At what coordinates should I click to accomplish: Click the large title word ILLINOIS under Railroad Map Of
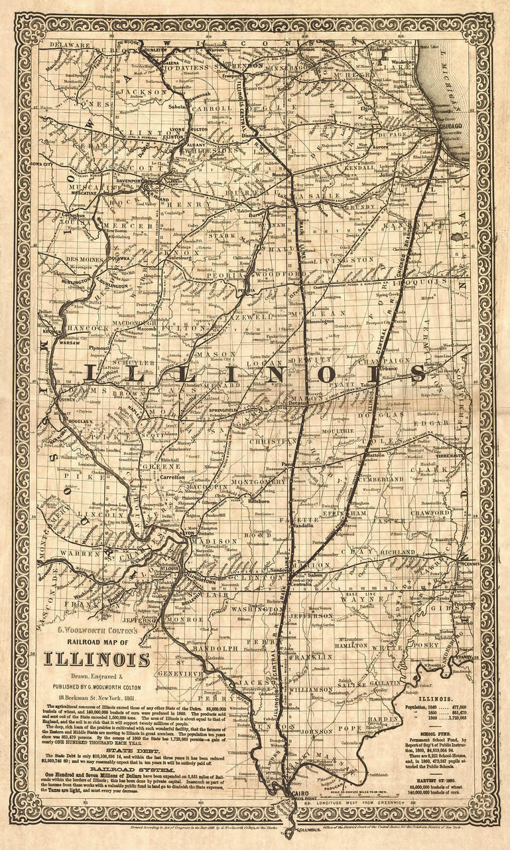pos(97,659)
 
